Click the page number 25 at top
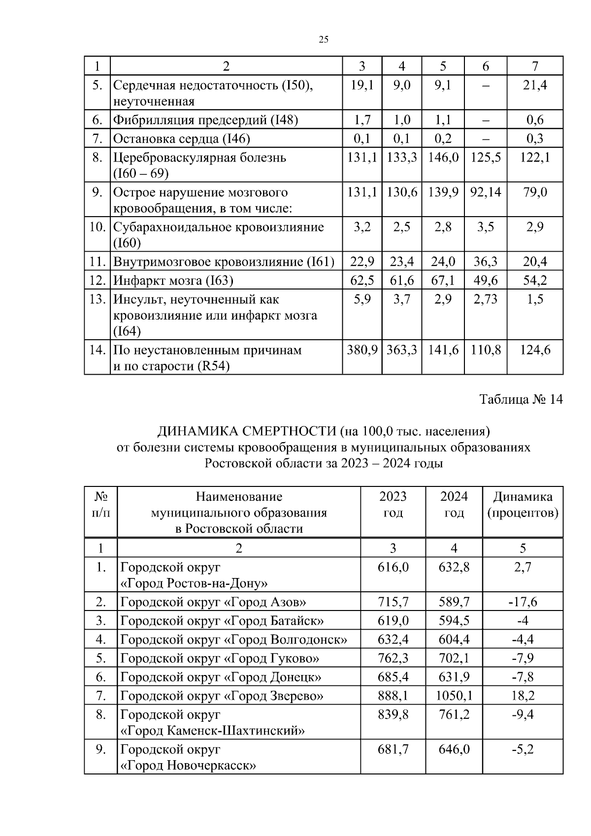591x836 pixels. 324,40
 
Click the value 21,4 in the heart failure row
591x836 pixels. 535,86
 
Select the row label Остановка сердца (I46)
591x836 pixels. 182,139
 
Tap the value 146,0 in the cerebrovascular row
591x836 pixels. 443,158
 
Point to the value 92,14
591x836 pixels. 485,192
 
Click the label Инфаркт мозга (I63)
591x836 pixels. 173,281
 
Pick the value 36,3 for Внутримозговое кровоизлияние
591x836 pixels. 485,261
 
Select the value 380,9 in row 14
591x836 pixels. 362,350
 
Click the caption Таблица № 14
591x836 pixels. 521,399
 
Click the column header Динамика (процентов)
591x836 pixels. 523,505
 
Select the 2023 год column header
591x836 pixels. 393,505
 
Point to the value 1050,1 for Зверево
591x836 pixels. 454,696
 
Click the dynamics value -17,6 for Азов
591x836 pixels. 523,602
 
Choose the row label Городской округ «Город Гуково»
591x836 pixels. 220,658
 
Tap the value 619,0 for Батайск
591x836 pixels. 393,621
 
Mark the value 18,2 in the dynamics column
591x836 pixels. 523,696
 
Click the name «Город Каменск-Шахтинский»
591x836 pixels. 213,731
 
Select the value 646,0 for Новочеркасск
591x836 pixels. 454,750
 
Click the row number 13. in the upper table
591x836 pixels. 98,299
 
